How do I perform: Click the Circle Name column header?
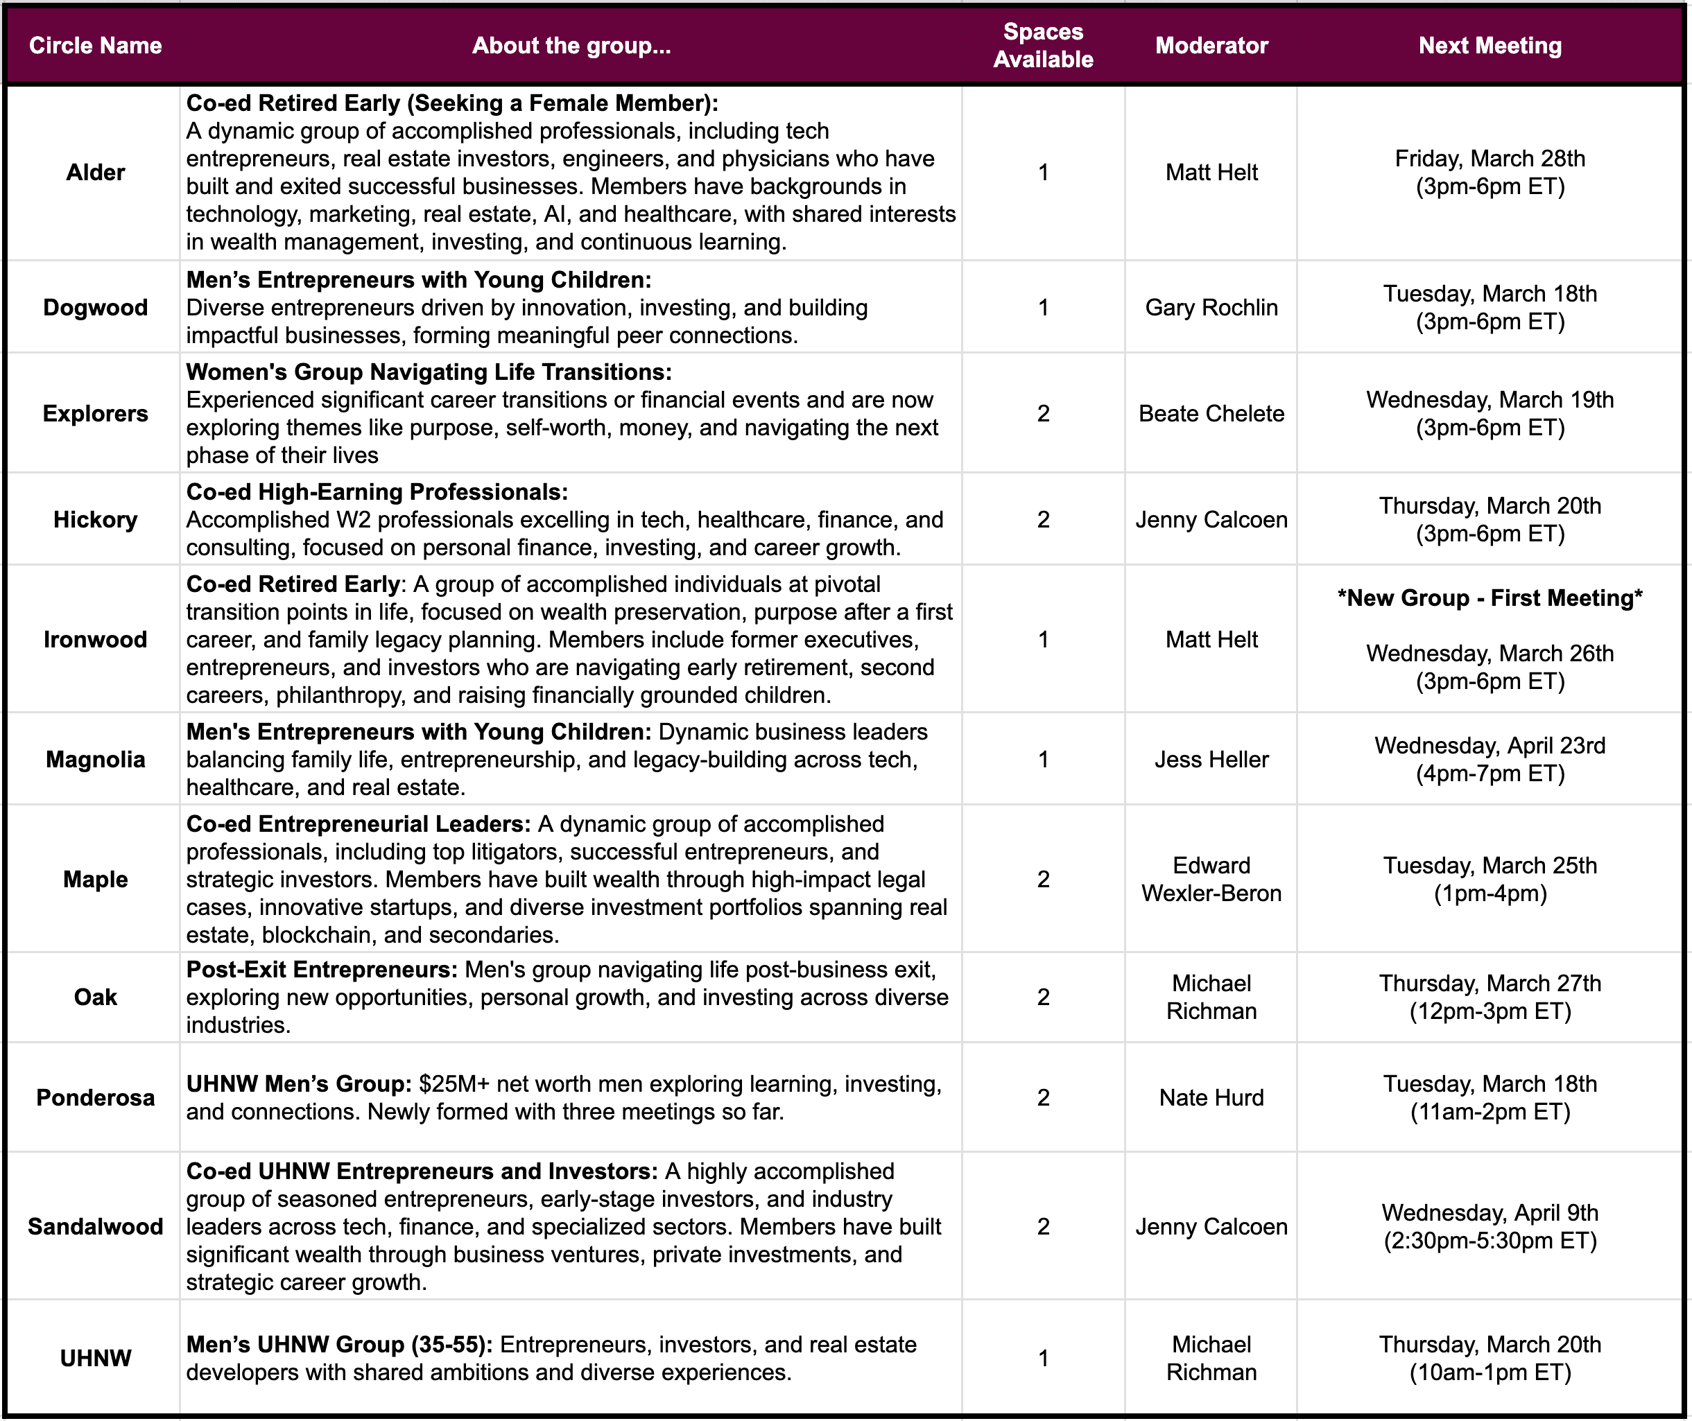pos(95,46)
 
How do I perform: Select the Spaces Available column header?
pos(1043,46)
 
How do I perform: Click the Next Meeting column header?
pos(1490,46)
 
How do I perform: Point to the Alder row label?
pos(95,173)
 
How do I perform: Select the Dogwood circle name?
pos(95,308)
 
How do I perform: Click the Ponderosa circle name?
pos(95,1098)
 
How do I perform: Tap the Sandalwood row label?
pos(95,1227)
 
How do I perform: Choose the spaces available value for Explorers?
pos(1043,414)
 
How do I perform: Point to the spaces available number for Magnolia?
pos(1043,760)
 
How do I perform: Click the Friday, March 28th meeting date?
pos(1490,159)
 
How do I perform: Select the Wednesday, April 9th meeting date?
pos(1490,1213)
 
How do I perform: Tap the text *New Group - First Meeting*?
pos(1490,598)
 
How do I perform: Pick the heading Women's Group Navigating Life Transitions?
pos(429,372)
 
